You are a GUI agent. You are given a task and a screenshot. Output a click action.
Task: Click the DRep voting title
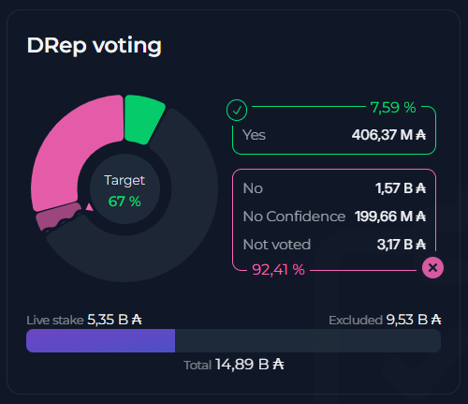(94, 45)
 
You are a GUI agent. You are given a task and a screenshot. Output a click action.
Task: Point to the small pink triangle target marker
(89, 206)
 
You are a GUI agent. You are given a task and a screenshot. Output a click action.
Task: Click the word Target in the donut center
(124, 180)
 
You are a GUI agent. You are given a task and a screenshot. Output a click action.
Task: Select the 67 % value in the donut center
(124, 201)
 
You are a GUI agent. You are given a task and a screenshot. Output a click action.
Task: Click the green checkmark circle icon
(237, 111)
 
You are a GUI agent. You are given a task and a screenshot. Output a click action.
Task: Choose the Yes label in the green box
(255, 135)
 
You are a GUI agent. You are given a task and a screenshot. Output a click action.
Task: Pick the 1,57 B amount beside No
(401, 188)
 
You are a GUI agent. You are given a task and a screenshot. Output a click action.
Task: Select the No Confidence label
(293, 217)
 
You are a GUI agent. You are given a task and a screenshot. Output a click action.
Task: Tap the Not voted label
(276, 245)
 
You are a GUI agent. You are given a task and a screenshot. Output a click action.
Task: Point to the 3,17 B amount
(401, 245)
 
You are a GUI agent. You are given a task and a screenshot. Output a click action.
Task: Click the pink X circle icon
(431, 268)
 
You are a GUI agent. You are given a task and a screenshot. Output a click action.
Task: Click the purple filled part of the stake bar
(100, 340)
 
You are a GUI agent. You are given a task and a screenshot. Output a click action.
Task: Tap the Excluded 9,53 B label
(385, 320)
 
